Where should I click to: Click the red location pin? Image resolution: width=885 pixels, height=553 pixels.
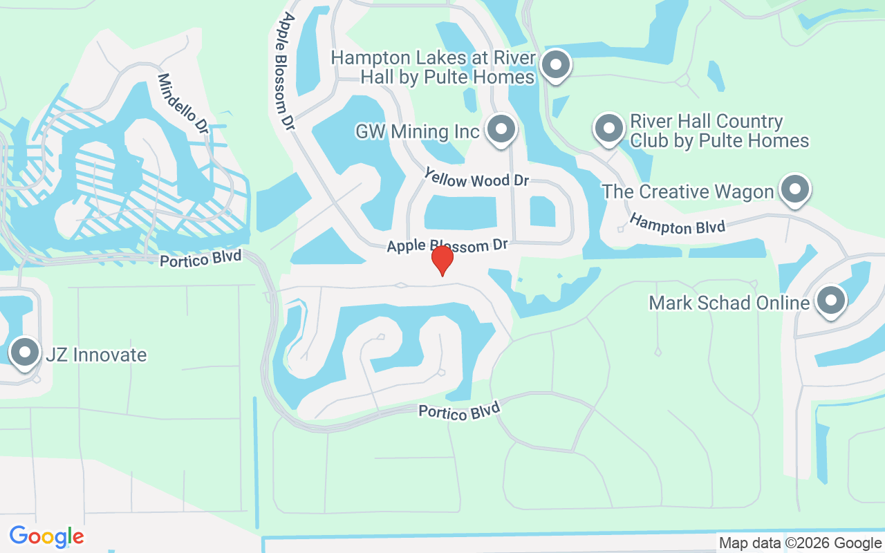(x=442, y=260)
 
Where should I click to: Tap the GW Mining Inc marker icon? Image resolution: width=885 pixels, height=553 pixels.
(x=501, y=129)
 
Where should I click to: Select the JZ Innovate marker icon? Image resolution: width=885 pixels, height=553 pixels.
(x=26, y=353)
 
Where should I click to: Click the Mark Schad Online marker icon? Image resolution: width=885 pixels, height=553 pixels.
(x=830, y=301)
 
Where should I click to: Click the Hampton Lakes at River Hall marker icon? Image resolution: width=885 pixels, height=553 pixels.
(x=555, y=66)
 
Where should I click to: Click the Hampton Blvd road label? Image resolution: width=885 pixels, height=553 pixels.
(x=677, y=224)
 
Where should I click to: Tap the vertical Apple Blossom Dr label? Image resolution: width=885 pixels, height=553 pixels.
(x=284, y=70)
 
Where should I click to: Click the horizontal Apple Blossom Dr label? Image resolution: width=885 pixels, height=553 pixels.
(x=447, y=245)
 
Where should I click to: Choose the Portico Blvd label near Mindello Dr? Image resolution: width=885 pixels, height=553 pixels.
(x=201, y=259)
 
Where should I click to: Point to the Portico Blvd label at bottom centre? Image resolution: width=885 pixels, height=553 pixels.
(x=459, y=411)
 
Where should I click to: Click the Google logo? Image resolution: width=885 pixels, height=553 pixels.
(x=47, y=536)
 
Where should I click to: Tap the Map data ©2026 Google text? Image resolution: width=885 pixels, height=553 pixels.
(x=801, y=543)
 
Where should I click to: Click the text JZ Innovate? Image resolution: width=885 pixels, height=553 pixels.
(x=96, y=355)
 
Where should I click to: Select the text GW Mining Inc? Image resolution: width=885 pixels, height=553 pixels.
(x=417, y=131)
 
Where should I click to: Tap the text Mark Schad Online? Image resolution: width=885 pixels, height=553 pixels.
(x=729, y=303)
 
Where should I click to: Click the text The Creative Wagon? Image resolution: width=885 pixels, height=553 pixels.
(x=687, y=191)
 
